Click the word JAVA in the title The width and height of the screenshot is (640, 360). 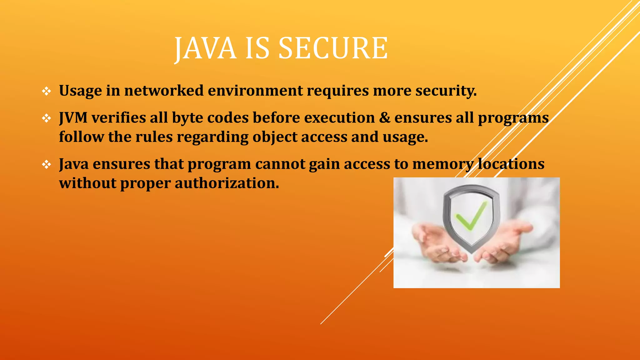tap(205, 48)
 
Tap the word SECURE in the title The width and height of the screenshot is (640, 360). tap(333, 48)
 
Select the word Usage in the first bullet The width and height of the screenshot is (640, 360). tap(80, 91)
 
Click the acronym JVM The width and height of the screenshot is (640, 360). tap(73, 118)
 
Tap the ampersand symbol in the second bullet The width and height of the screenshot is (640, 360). tap(385, 118)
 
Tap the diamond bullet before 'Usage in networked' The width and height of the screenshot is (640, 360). tap(47, 91)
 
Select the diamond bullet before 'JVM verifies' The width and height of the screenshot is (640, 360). tap(47, 118)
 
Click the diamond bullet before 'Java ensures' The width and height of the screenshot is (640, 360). tap(47, 164)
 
